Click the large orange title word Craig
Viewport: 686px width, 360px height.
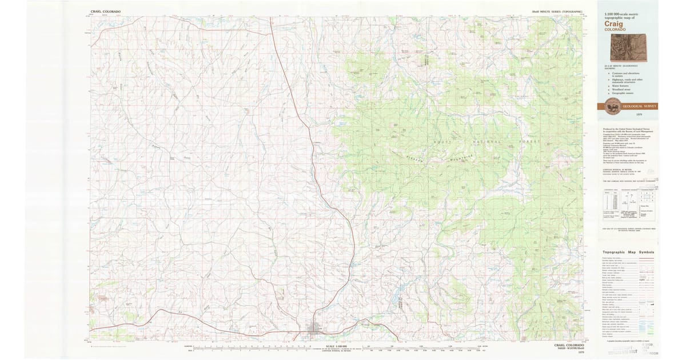click(615, 24)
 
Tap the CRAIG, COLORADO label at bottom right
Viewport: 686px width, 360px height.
click(569, 345)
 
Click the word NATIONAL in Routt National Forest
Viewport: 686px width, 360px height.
click(486, 141)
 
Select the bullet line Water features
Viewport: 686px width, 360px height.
click(623, 86)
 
